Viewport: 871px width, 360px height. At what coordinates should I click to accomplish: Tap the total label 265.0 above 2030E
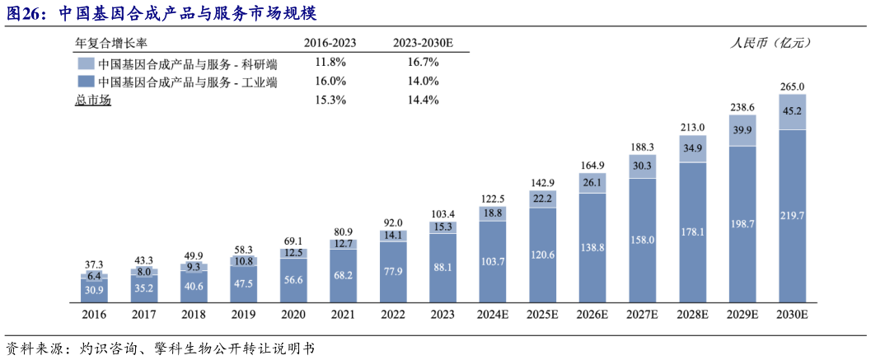793,86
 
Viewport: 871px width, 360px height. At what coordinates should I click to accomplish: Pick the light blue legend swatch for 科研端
86,63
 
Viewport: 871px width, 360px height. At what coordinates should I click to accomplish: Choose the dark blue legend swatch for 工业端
86,82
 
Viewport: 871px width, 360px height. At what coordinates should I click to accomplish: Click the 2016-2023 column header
330,43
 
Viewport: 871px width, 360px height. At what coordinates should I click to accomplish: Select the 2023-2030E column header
422,43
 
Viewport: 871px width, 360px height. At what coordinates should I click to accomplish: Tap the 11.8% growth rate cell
330,63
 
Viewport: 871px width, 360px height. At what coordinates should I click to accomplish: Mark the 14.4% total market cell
422,100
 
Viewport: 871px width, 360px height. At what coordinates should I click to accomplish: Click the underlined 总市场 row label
92,100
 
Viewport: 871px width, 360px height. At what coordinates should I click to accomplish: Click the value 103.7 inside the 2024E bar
492,261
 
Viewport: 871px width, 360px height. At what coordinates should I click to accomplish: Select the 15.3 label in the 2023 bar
443,227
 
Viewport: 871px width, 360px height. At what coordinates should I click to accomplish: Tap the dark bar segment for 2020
293,281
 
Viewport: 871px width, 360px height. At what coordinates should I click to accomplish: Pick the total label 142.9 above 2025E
542,182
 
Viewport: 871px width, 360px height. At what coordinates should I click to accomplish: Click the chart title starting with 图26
161,14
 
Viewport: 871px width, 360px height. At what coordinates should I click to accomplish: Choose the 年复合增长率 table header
112,43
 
